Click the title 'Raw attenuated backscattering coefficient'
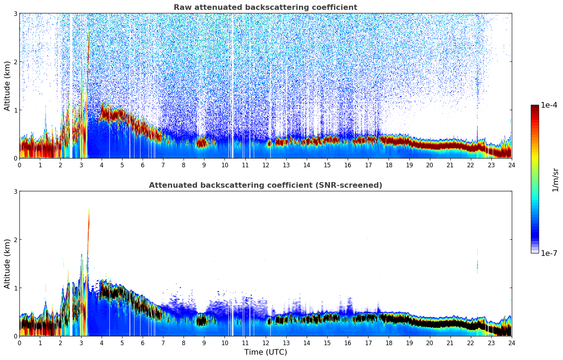pyautogui.click(x=265, y=7)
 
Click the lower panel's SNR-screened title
pyautogui.click(x=265, y=185)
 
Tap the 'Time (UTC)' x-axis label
pyautogui.click(x=265, y=352)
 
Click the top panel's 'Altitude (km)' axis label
pyautogui.click(x=7, y=86)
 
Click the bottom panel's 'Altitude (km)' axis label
pyautogui.click(x=7, y=264)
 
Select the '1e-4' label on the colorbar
pyautogui.click(x=549, y=105)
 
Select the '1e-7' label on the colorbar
pyautogui.click(x=549, y=253)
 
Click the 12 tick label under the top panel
pyautogui.click(x=265, y=165)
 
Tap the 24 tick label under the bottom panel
pyautogui.click(x=511, y=343)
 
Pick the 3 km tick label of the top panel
pyautogui.click(x=15, y=14)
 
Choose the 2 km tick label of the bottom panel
pyautogui.click(x=15, y=240)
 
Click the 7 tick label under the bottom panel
pyautogui.click(x=163, y=343)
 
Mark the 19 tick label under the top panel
pyautogui.click(x=409, y=165)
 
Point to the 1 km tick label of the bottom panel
pyautogui.click(x=15, y=288)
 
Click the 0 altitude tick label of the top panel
pyautogui.click(x=15, y=158)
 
